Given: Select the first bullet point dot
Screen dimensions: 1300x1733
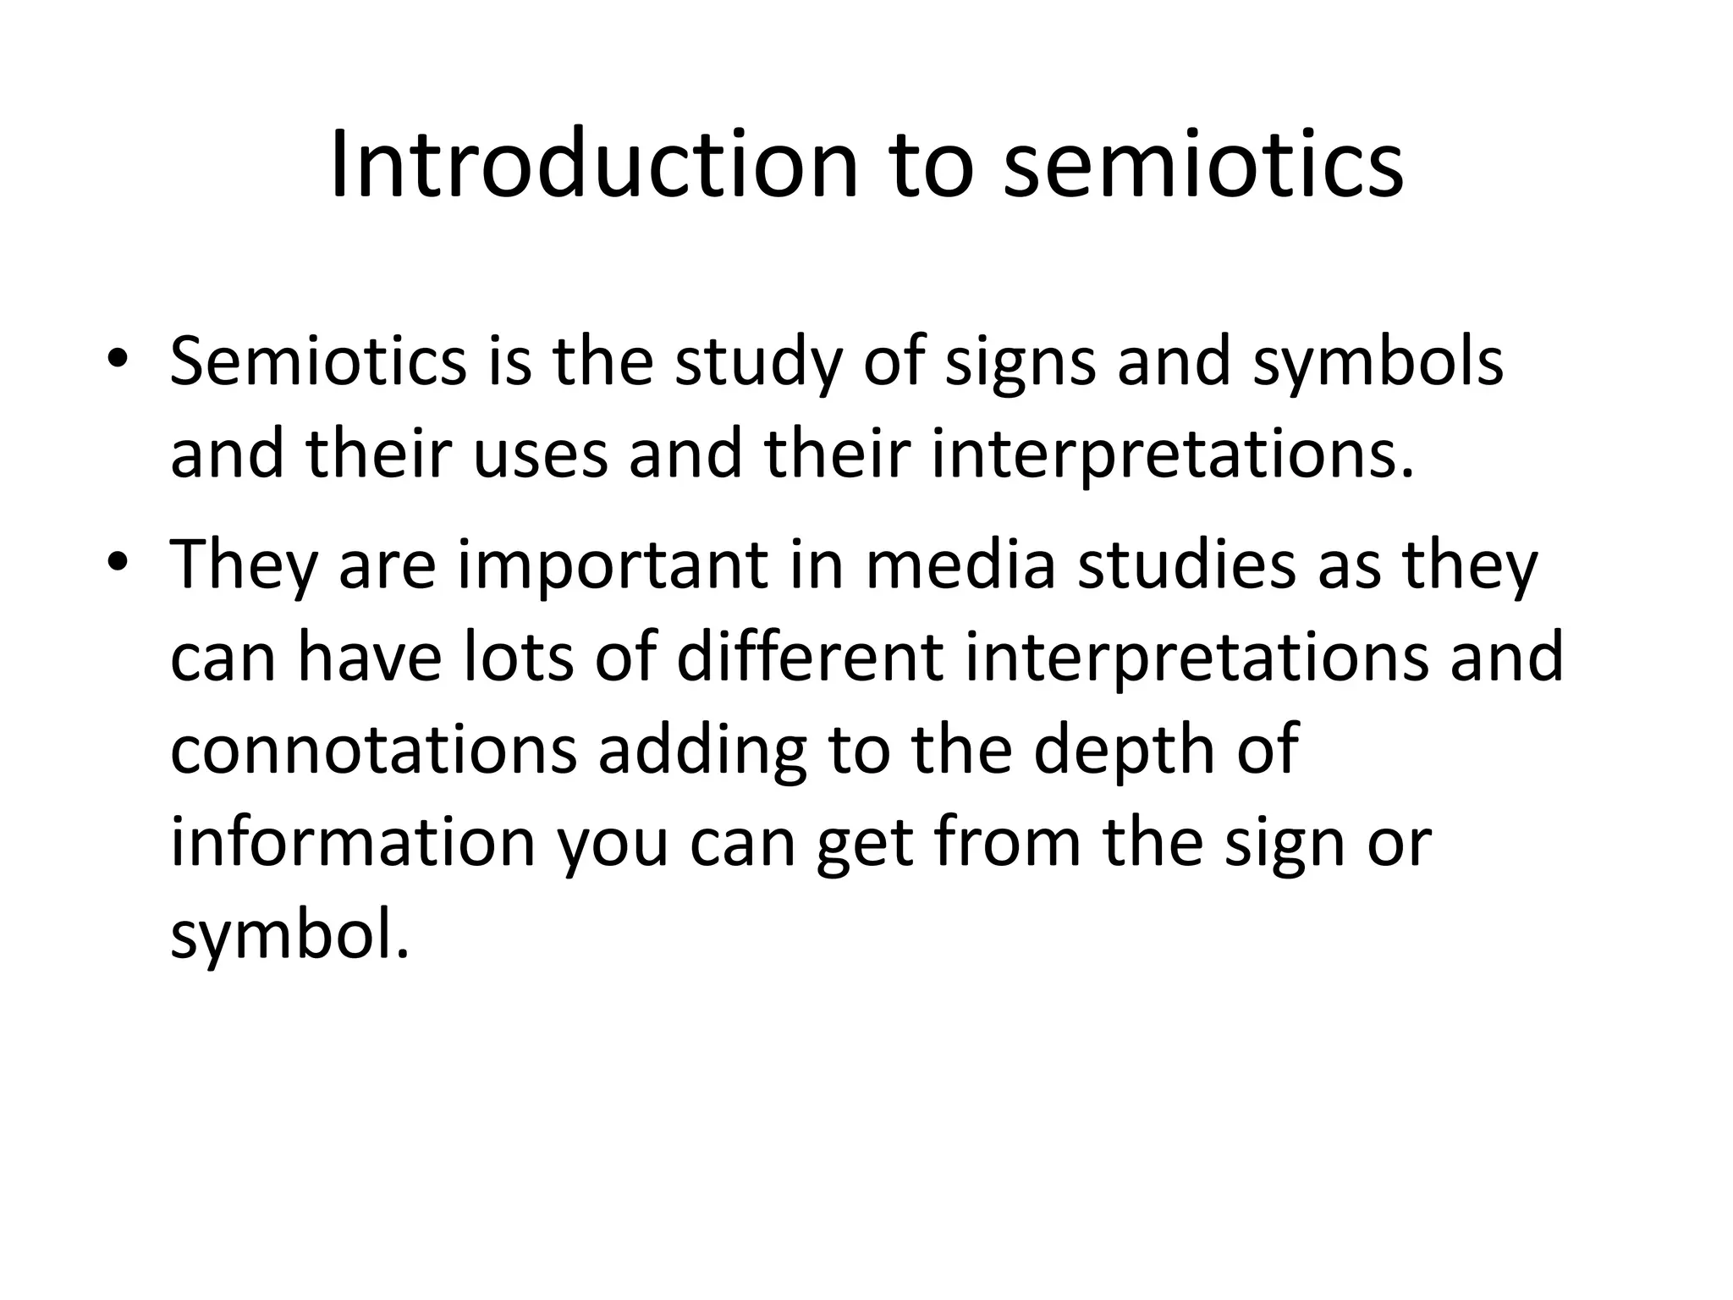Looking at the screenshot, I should [117, 358].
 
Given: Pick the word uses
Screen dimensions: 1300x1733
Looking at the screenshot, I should [540, 455].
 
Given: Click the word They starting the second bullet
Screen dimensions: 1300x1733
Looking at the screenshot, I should [244, 565].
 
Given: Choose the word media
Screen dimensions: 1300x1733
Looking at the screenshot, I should [960, 565].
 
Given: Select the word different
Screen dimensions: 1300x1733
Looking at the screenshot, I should [810, 658].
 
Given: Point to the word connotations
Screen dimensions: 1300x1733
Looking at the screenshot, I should [373, 752].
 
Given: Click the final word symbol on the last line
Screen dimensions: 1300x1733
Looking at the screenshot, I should [289, 938].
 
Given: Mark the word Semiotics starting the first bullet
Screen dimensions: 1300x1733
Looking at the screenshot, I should [318, 362].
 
